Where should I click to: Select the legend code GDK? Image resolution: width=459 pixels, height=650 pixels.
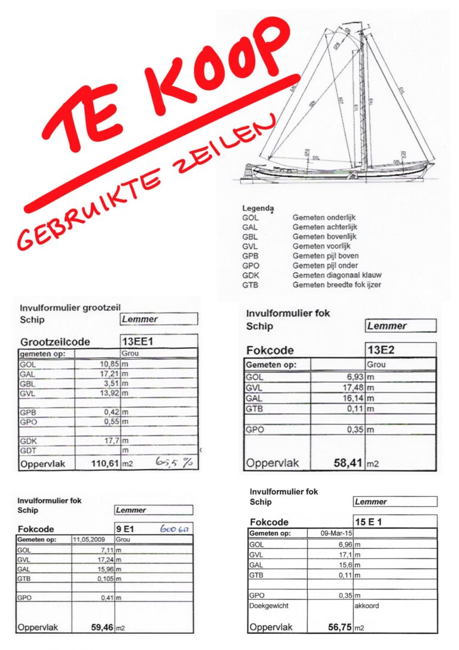click(250, 275)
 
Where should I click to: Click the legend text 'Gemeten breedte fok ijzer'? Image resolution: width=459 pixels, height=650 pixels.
click(336, 285)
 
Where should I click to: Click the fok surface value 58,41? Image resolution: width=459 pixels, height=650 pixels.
click(346, 463)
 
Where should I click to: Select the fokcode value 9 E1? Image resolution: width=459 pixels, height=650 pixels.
click(129, 529)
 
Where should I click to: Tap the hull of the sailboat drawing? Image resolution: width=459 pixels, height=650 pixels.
click(335, 173)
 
